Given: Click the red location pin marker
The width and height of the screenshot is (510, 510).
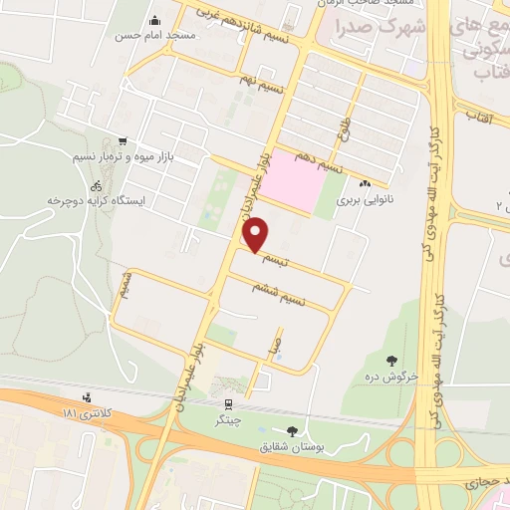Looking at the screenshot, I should point(256,235).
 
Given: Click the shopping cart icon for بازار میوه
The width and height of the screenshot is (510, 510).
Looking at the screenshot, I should point(123,142).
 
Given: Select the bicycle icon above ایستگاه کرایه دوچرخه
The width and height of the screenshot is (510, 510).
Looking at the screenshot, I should point(97,185).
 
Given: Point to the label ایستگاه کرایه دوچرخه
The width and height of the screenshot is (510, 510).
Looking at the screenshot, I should point(96,200).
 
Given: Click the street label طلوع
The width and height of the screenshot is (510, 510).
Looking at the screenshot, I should point(345,128).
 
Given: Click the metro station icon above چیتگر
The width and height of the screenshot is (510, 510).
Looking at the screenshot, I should point(229,404).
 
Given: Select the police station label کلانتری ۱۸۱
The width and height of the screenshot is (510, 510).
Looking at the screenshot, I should point(82,411).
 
